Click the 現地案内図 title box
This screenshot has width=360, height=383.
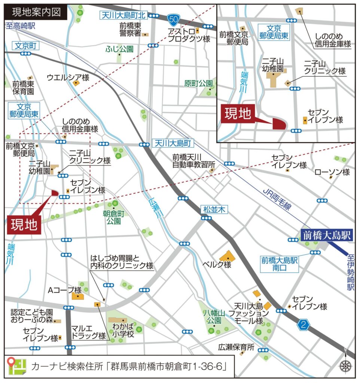(36, 12)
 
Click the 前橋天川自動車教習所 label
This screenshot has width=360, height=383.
(194, 161)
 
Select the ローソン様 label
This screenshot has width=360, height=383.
(332, 172)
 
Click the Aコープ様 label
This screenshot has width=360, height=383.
(65, 290)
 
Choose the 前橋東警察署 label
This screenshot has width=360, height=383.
(130, 30)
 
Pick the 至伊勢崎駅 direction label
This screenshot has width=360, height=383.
(351, 272)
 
